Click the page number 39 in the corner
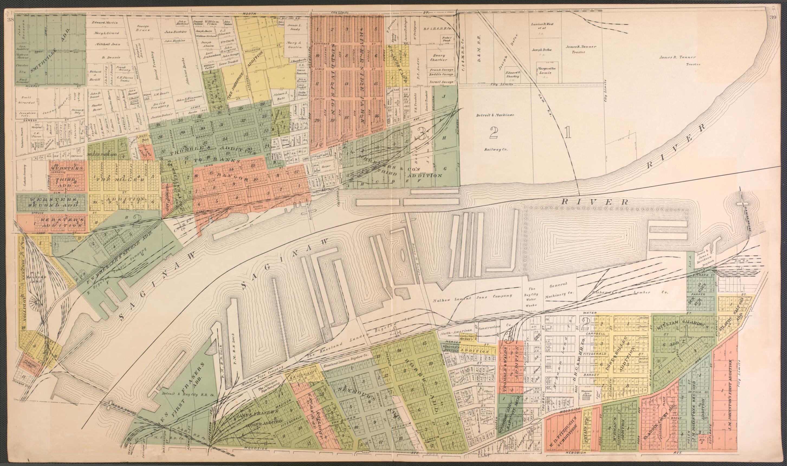779,18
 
